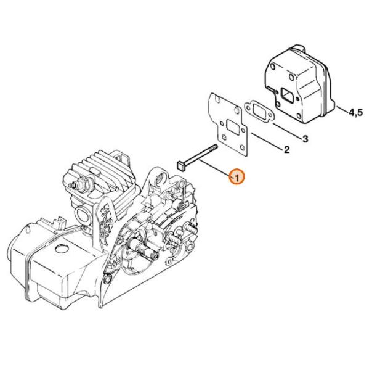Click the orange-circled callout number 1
coord(237,177)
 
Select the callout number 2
coord(286,150)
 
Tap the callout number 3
coord(305,139)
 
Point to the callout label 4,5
coord(355,112)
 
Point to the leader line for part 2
coord(267,141)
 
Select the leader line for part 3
coord(287,130)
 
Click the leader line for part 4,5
coord(342,110)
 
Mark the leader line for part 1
coord(215,168)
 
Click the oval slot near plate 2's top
coord(237,110)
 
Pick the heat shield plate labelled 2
coord(228,124)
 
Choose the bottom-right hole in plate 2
coord(242,148)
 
